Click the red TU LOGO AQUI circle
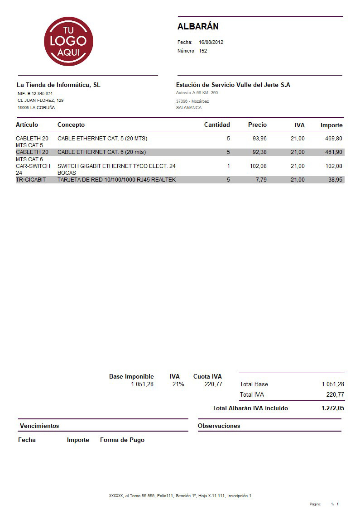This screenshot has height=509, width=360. pos(68,41)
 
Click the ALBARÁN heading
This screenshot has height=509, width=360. pos(198,26)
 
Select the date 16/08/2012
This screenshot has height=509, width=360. pos(211,42)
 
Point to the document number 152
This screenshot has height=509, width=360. pos(203,51)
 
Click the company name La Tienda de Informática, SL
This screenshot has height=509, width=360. pos(58,85)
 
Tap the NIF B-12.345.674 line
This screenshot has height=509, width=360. pos(35,94)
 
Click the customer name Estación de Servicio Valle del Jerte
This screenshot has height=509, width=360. pos(233,85)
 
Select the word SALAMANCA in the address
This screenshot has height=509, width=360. pos(189,108)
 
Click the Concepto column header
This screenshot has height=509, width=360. pos(71,125)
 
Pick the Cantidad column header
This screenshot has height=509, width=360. pos(217,125)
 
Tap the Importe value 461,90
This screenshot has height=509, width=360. pos(334,152)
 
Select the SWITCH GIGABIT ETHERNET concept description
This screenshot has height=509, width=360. pos(116,166)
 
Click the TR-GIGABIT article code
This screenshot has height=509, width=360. pos(31,180)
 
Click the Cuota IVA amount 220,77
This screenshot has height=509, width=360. pos(213,384)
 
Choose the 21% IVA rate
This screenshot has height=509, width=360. pos(178,384)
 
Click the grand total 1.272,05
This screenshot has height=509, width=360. pos(333,408)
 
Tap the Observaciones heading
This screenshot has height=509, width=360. pos(219,426)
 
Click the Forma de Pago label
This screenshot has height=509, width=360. pos(122,440)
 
